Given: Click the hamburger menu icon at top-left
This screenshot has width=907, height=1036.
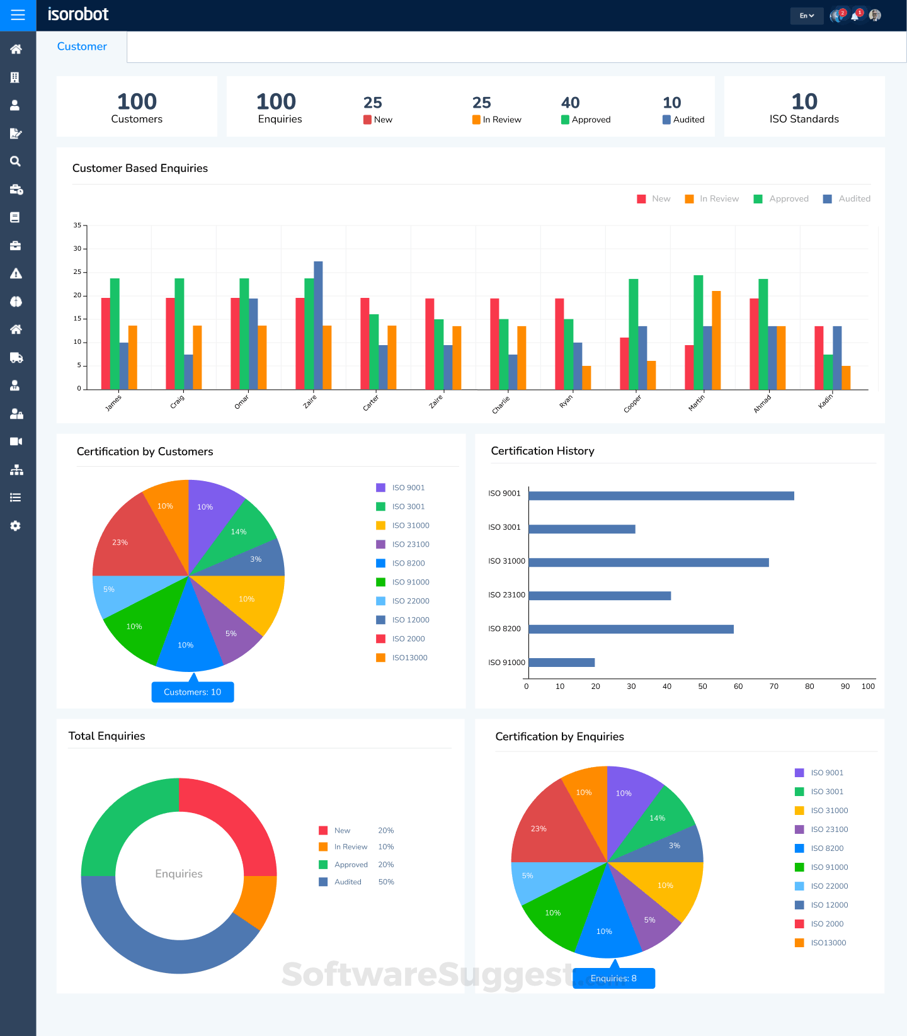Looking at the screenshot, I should click(x=18, y=15).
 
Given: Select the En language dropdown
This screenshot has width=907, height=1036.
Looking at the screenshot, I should click(x=806, y=16).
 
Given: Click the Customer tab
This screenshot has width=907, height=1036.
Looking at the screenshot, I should click(x=82, y=47).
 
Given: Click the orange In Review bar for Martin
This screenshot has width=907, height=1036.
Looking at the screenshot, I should click(x=716, y=340).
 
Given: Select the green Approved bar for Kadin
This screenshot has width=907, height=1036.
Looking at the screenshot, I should click(x=828, y=372).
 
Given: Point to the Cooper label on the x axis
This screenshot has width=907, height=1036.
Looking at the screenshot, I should click(x=632, y=404).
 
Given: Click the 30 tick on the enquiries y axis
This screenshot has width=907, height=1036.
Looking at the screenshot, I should click(x=77, y=249).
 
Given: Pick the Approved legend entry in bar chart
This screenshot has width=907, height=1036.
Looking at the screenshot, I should click(x=781, y=199).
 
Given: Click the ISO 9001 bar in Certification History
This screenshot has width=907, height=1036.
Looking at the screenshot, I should click(x=661, y=496).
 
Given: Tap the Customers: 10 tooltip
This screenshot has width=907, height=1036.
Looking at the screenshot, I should click(x=193, y=692).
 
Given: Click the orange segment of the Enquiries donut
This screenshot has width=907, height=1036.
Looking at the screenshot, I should click(x=256, y=901).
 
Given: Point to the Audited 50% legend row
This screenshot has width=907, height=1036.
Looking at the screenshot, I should click(x=357, y=882).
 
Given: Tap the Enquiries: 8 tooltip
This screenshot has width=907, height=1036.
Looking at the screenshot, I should click(x=613, y=979).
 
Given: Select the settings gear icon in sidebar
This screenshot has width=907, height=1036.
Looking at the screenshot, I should click(x=16, y=526).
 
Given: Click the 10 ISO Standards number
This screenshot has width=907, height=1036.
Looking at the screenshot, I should click(x=804, y=102).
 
